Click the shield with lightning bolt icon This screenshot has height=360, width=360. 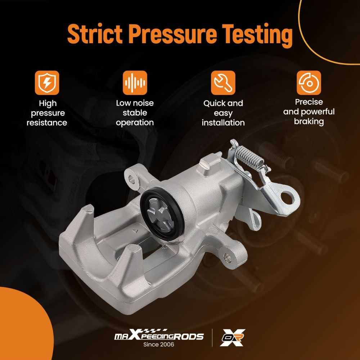click(47, 83)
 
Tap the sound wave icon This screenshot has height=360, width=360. click(135, 83)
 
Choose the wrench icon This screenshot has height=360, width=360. click(223, 83)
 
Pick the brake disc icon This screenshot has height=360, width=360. click(309, 83)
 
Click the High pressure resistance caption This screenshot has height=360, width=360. click(47, 113)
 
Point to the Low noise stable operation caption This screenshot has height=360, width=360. click(135, 113)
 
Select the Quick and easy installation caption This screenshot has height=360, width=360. click(223, 113)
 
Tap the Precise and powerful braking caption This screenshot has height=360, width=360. click(309, 112)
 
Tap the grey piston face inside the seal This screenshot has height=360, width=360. click(159, 212)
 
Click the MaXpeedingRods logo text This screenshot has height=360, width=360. click(159, 335)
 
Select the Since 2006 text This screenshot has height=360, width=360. click(159, 345)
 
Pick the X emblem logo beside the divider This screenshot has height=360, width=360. click(232, 338)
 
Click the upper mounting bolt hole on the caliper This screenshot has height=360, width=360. click(131, 179)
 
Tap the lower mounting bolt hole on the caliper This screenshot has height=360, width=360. click(227, 257)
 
